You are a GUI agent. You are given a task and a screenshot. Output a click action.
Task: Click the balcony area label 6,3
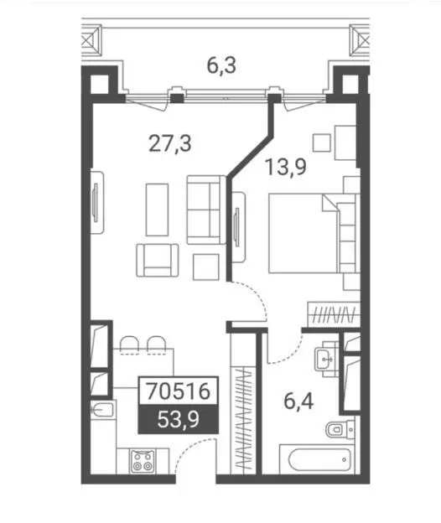(221, 65)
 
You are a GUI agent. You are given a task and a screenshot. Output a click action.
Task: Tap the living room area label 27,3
(170, 144)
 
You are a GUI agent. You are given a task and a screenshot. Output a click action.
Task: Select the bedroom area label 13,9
(286, 167)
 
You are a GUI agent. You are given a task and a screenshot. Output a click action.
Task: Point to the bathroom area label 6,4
(298, 401)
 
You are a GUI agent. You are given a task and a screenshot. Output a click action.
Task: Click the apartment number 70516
(179, 391)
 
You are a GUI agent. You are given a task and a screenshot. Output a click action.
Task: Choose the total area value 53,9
(179, 419)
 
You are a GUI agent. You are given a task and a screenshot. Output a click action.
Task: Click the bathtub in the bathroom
(319, 459)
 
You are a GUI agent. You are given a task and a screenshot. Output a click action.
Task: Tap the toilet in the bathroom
(340, 428)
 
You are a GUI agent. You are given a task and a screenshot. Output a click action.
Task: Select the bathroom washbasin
(327, 359)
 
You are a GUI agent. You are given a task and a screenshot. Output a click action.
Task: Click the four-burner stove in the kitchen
(143, 461)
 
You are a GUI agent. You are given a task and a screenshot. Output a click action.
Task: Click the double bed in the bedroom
(314, 234)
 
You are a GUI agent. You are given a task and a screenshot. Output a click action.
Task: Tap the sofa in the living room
(206, 210)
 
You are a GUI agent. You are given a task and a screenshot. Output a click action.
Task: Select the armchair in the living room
(157, 260)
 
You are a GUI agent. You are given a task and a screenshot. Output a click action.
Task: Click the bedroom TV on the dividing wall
(237, 227)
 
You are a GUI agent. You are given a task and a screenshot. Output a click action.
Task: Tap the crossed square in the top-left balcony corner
(91, 40)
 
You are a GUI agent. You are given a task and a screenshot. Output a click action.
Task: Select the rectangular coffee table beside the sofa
(157, 210)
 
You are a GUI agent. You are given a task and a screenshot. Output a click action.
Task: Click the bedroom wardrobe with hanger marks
(334, 314)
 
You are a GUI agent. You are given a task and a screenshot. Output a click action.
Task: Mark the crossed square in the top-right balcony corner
(360, 40)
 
